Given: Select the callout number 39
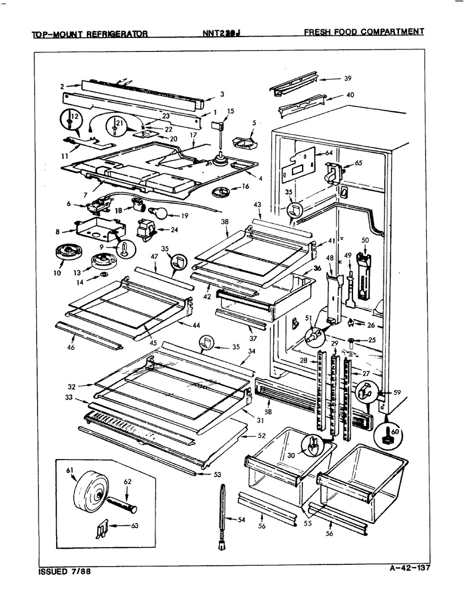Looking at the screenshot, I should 348,78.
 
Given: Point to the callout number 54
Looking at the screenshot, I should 241,520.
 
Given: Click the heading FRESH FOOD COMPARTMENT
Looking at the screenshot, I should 364,32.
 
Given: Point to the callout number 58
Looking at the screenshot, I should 268,411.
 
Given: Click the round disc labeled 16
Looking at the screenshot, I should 224,192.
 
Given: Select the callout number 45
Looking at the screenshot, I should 153,343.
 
